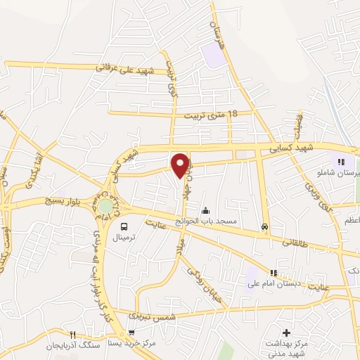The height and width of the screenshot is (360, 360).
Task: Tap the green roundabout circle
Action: pyautogui.click(x=105, y=207)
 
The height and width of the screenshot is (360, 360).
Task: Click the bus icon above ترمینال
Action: pyautogui.click(x=124, y=226)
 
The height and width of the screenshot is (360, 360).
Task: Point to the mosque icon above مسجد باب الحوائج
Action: pyautogui.click(x=205, y=210)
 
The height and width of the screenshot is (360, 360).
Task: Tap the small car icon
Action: pyautogui.click(x=264, y=226)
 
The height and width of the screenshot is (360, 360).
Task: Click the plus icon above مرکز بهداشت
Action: pyautogui.click(x=285, y=332)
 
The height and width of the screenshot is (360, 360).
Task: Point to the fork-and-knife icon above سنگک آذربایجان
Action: pyautogui.click(x=71, y=333)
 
